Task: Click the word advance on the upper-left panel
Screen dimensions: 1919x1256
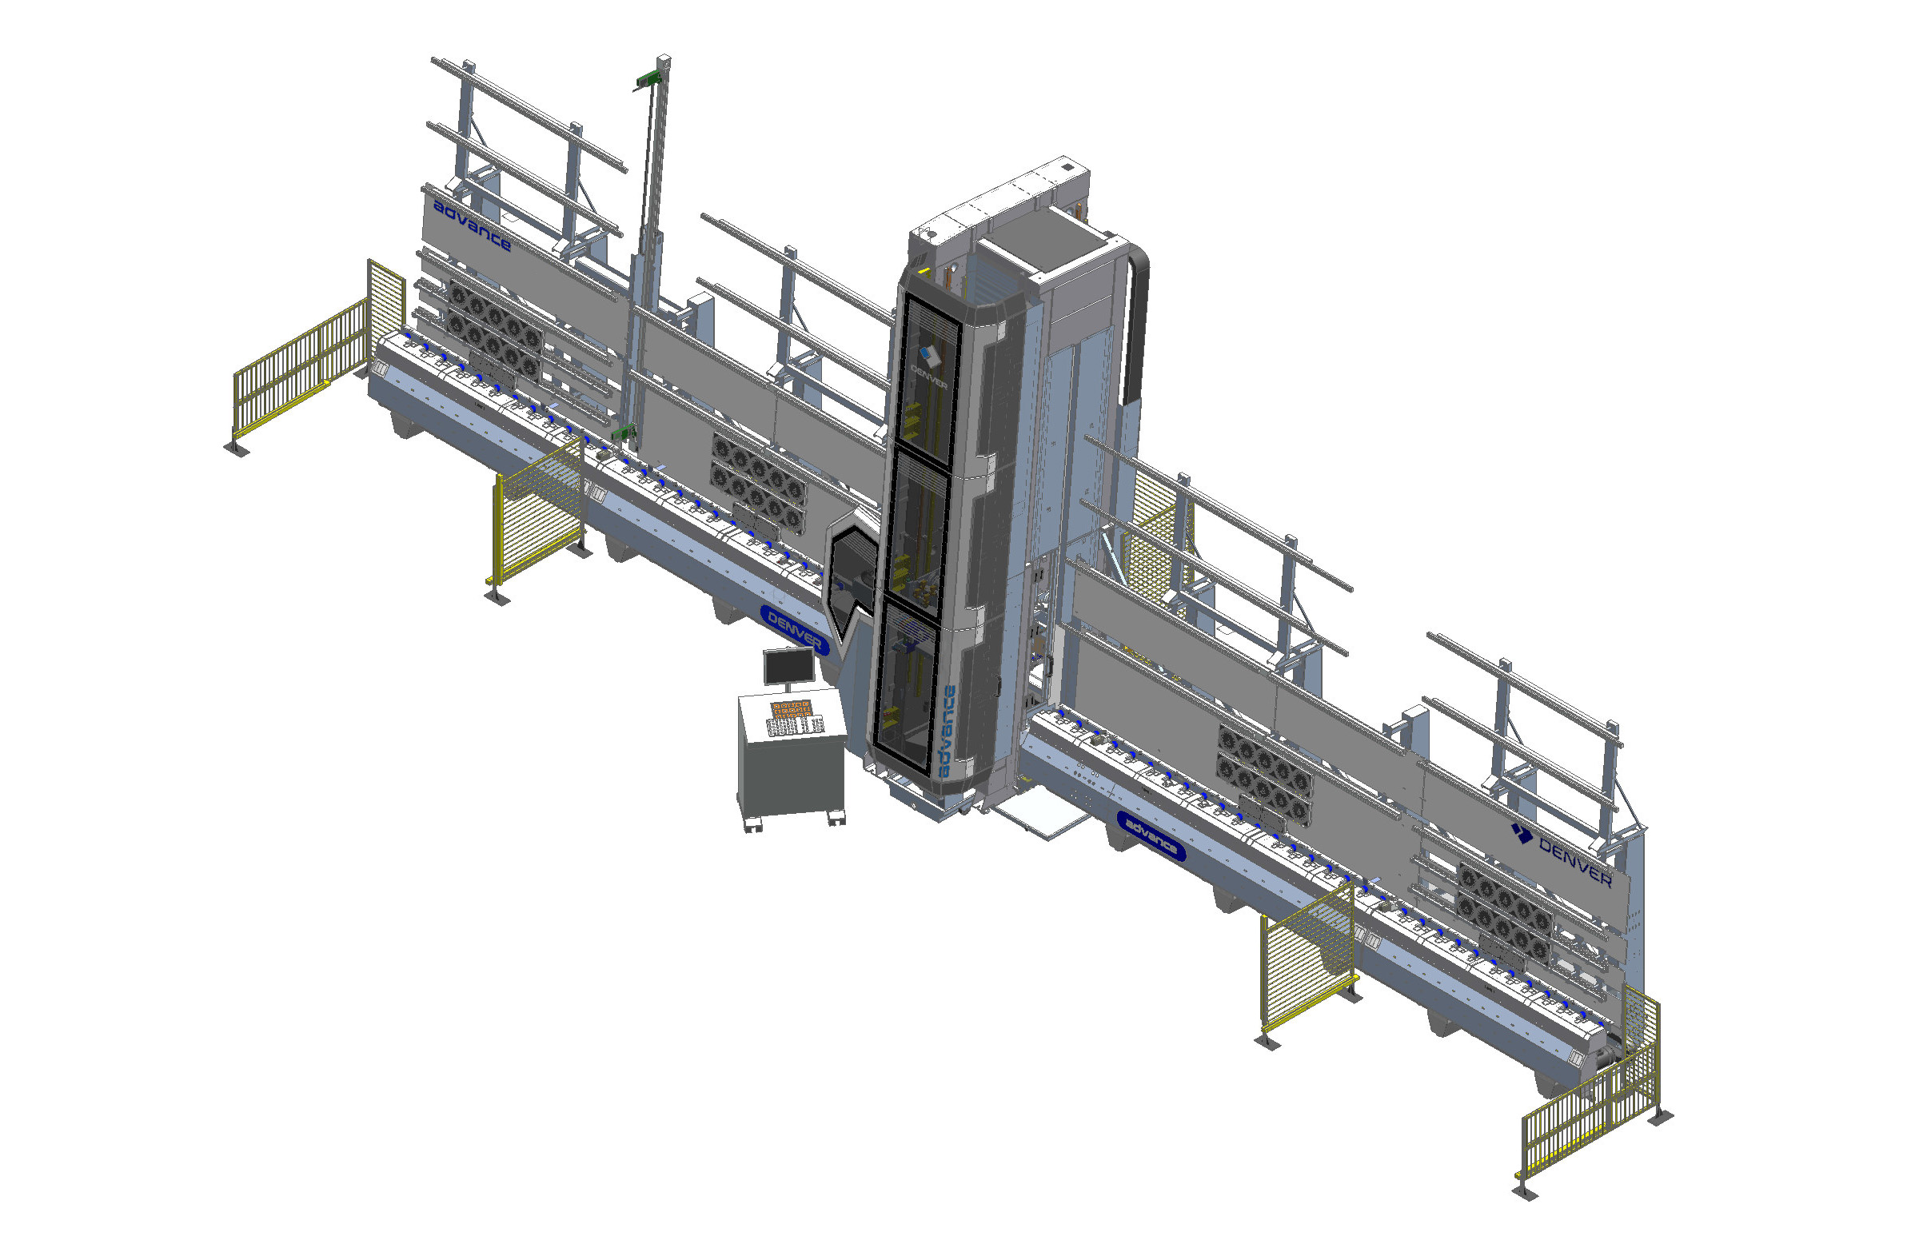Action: [x=473, y=225]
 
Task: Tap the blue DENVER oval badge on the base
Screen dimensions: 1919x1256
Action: [x=794, y=630]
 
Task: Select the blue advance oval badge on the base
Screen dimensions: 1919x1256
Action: [x=1151, y=835]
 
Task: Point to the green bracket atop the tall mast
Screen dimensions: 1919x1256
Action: [x=648, y=80]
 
